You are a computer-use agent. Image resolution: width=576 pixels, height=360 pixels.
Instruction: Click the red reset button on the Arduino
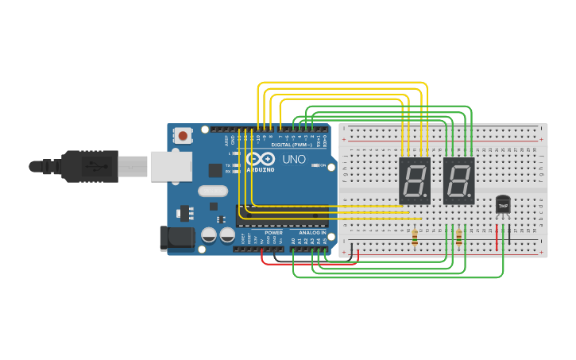(184, 136)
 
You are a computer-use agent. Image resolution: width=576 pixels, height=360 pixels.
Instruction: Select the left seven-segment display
(414, 180)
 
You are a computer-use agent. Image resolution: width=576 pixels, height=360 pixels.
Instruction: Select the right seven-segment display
(458, 180)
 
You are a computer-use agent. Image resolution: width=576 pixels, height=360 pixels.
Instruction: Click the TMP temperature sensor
(503, 204)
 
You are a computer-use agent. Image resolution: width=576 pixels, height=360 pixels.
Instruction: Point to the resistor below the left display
(415, 236)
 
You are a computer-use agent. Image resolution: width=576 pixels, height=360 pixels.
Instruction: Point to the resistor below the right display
(458, 236)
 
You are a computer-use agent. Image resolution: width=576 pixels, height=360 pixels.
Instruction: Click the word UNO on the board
(295, 159)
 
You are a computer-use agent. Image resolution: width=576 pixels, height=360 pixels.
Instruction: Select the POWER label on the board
(273, 232)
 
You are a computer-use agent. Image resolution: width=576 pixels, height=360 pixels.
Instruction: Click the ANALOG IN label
(312, 232)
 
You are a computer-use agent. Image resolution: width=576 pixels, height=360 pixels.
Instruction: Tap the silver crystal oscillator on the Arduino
(213, 191)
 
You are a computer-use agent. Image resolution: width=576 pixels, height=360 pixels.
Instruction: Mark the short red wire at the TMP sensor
(497, 237)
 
